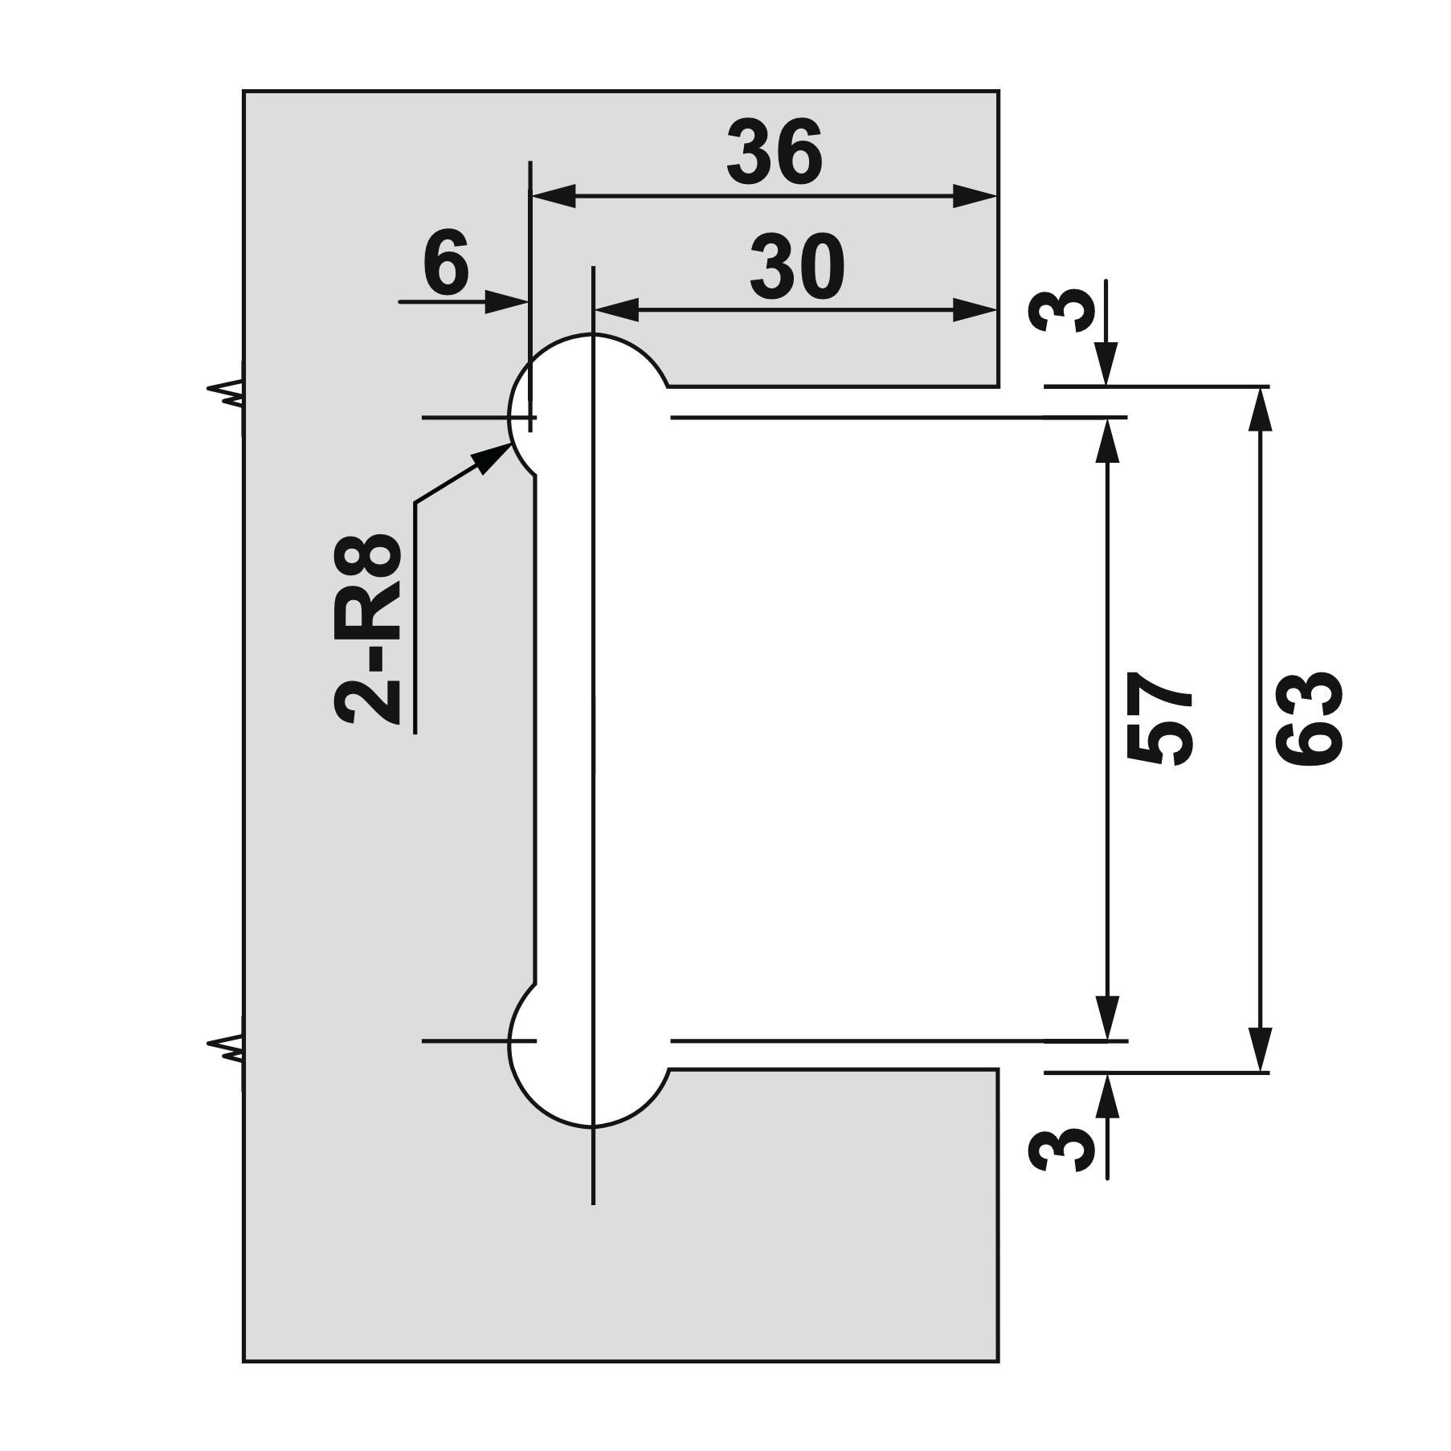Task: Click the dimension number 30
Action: click(x=797, y=267)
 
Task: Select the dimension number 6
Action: click(x=446, y=261)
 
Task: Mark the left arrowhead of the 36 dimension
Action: click(x=554, y=195)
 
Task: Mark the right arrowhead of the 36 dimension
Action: click(x=975, y=195)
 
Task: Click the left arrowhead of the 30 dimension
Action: click(x=615, y=309)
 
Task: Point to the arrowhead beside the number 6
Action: click(x=505, y=302)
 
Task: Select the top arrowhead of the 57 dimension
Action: click(x=1107, y=441)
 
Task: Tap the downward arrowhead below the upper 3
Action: click(x=1107, y=364)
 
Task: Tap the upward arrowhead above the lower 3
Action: click(x=1107, y=1095)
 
